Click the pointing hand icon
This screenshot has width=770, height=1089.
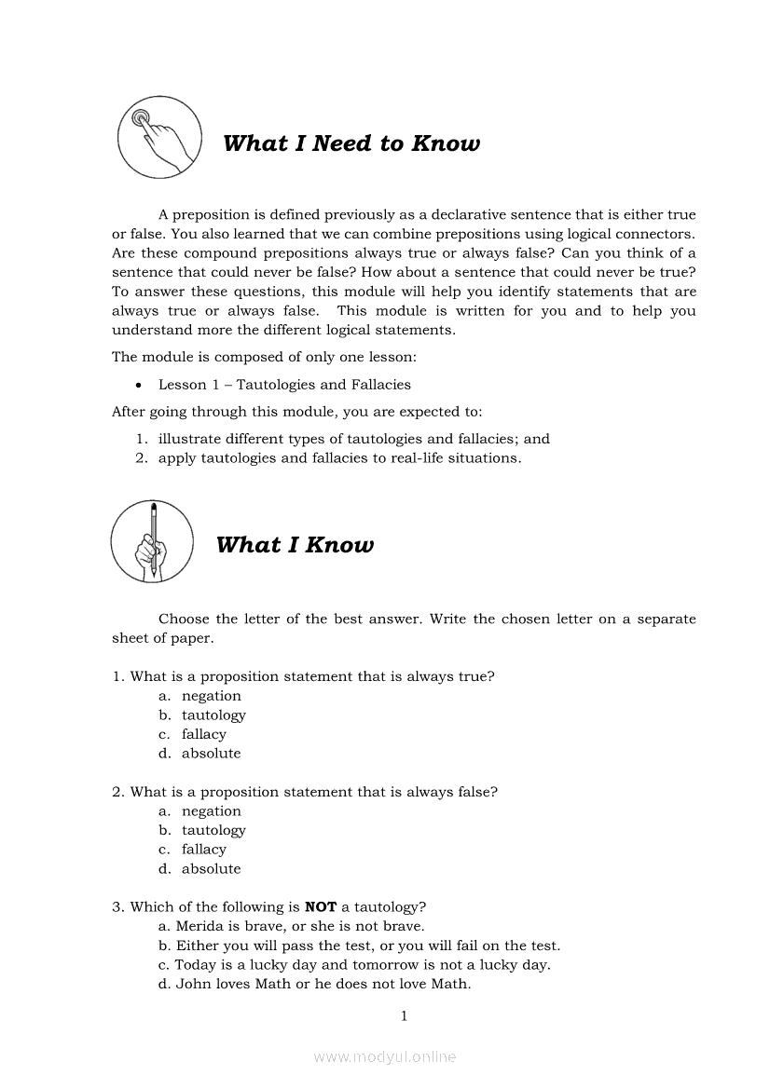pos(159,138)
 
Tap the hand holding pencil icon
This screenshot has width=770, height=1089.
pos(152,541)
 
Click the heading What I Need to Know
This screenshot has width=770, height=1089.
pos(351,143)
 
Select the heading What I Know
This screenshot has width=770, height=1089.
pos(295,545)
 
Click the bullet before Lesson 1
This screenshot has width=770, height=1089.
pos(138,385)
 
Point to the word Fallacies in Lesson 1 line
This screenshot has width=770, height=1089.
pos(379,385)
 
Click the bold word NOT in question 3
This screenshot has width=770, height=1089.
pos(321,906)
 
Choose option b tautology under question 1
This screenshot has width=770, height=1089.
pos(213,715)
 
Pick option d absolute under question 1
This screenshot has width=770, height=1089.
pos(211,754)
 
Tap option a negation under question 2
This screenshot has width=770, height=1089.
pos(211,811)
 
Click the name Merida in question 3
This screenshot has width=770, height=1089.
pos(201,926)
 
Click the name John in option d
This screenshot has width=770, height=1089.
pos(193,984)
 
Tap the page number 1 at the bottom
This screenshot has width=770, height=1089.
pos(404,1016)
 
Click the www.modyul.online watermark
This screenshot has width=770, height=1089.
pos(385,1057)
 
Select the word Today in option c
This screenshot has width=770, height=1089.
pos(195,965)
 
